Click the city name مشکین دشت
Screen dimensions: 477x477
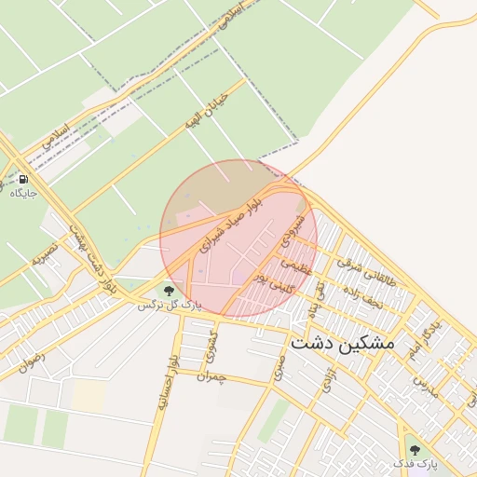343,343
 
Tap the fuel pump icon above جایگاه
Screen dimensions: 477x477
22,179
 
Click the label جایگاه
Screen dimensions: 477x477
23,193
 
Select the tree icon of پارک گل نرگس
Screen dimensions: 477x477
169,292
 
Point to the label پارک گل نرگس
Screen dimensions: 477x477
169,305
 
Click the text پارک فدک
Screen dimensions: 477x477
415,463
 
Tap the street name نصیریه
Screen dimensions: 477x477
45,251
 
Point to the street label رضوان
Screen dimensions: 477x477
30,358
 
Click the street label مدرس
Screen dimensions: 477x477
426,383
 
